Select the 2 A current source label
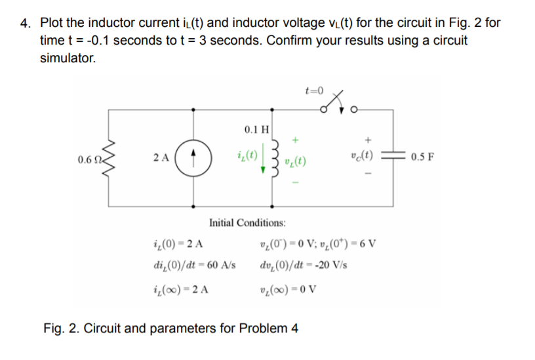click(x=161, y=159)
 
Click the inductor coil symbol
click(x=275, y=159)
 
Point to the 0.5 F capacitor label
click(x=421, y=158)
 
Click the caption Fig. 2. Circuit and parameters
click(x=170, y=328)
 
